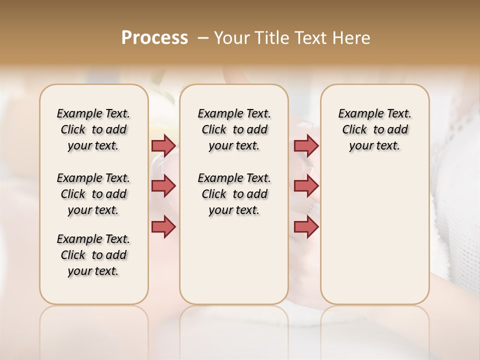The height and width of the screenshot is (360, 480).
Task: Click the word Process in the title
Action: (x=154, y=38)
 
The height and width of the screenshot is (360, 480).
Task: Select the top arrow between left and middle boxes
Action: (x=163, y=145)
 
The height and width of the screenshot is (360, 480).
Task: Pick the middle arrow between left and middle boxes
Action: (x=163, y=186)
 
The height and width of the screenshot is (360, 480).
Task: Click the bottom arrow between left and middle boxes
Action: (x=163, y=226)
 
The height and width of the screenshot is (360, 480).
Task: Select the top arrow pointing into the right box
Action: (x=306, y=145)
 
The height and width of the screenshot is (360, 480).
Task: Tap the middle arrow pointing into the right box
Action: (x=306, y=186)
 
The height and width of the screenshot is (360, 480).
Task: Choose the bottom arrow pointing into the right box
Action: (x=306, y=226)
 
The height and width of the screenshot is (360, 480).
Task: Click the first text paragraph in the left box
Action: (x=93, y=129)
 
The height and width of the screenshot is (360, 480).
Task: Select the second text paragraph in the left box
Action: (x=93, y=194)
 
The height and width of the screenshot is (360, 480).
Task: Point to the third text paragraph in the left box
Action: (x=93, y=255)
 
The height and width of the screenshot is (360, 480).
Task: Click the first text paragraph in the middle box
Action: (x=234, y=129)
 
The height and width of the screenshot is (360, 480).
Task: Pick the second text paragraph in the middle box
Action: (x=234, y=194)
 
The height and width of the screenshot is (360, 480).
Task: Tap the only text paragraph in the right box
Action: (x=374, y=129)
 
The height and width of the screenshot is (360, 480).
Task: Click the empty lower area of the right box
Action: (x=374, y=240)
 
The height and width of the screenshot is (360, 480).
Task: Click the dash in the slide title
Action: (x=202, y=38)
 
